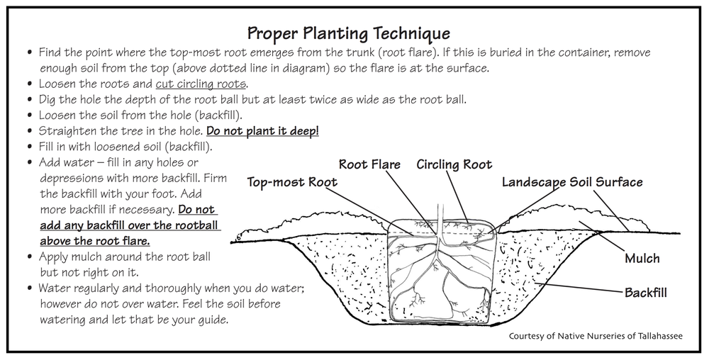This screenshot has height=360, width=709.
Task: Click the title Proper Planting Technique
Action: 348,33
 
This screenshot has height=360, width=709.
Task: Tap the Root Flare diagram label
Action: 369,165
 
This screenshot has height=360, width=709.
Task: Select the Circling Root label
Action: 454,165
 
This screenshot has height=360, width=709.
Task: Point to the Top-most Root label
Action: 291,182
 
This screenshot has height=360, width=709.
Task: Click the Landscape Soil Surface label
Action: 572,182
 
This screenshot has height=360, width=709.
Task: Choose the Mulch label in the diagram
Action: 642,259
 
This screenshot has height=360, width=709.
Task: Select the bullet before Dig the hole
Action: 27,99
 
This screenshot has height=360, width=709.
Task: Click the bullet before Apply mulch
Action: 27,257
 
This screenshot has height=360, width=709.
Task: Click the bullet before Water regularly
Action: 27,289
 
